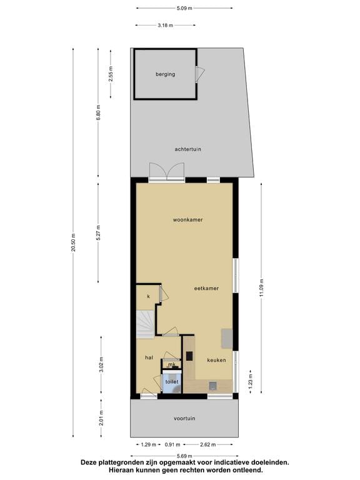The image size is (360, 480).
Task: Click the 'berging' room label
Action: [x=166, y=74]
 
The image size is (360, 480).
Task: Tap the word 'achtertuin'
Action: [x=187, y=149]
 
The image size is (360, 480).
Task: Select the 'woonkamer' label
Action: [x=188, y=220]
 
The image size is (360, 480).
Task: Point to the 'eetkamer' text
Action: [x=206, y=289]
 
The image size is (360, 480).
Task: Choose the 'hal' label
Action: [x=149, y=357]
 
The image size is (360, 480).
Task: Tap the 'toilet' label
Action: [x=172, y=381]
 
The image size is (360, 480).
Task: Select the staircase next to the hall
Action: [x=146, y=325]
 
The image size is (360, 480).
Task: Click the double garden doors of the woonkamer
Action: [x=167, y=172]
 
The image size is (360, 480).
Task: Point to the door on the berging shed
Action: [x=199, y=74]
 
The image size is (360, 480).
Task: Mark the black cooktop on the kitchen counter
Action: [x=189, y=356]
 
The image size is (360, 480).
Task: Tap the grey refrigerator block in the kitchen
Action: [x=226, y=339]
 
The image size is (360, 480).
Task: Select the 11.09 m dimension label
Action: [x=262, y=288]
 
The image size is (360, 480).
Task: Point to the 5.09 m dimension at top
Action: [x=184, y=8]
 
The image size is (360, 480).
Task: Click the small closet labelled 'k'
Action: [x=149, y=296]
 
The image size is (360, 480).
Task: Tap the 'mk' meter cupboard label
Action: [x=170, y=365]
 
